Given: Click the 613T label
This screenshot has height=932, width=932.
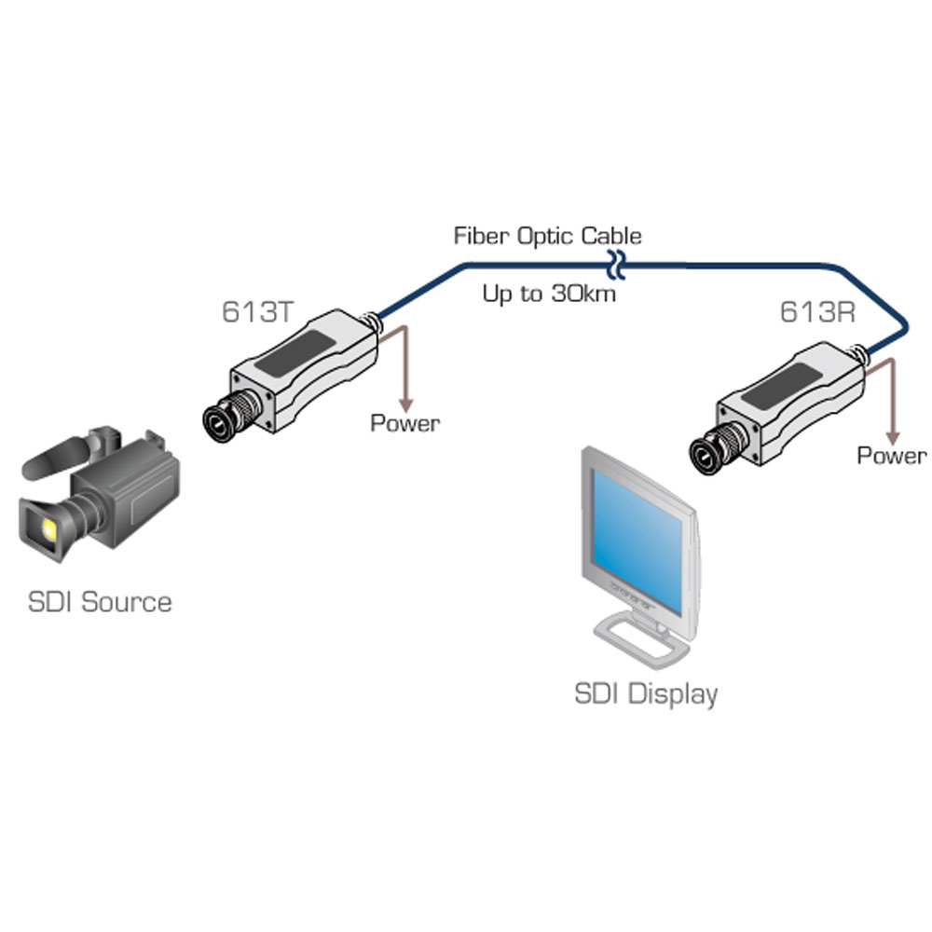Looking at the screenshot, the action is (258, 311).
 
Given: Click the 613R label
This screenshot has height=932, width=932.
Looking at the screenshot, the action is (817, 311).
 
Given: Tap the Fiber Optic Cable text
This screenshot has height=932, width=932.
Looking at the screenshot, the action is (547, 236).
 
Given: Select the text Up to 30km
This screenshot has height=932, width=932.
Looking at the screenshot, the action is (549, 294).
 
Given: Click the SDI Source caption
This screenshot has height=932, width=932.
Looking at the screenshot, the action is (100, 601).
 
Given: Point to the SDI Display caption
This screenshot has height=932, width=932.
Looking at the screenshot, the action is (646, 694).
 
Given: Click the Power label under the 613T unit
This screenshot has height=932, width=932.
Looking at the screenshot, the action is (404, 423).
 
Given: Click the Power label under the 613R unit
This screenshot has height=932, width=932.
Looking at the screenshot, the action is (892, 456).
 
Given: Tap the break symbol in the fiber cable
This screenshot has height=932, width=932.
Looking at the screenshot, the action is (616, 265).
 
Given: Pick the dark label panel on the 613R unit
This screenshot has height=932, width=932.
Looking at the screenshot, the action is (782, 386).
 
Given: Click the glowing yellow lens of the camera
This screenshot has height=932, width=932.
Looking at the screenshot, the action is (48, 528).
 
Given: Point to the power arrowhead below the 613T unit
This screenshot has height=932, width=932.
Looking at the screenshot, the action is (406, 405).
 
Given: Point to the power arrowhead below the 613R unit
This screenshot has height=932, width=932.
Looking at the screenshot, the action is (892, 438).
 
